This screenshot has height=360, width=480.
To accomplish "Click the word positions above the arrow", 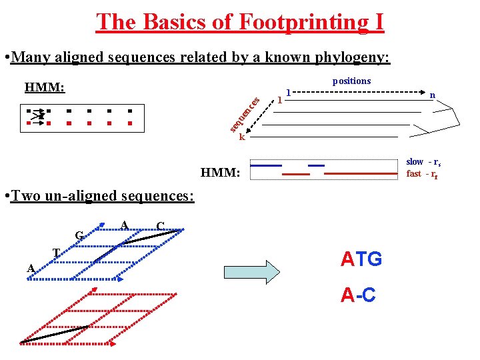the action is pos(351,81).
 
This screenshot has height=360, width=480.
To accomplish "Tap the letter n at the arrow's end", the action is pos(432,95).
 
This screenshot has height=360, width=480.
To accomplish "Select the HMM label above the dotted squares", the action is pos(44,87).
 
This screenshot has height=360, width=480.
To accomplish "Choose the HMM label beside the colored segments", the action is pos(220,173).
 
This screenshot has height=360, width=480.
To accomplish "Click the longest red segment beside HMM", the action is pos(361,173).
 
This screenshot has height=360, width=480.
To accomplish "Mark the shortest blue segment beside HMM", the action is pos(316,165).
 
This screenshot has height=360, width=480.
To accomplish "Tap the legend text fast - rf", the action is pos(421,173).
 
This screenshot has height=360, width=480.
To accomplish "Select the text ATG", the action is pos(361,259).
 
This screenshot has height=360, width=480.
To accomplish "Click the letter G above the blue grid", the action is pos(79,235).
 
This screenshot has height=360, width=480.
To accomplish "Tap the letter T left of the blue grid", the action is pos(56,252).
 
